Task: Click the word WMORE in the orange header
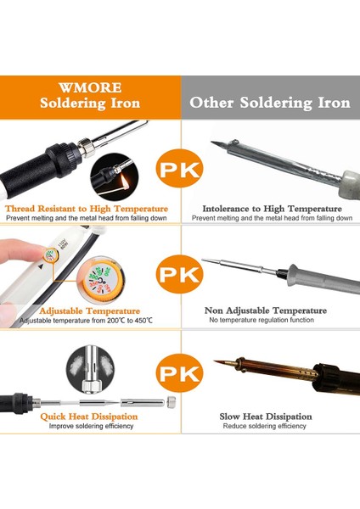tap(89, 87)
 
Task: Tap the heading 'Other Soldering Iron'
tap(269, 103)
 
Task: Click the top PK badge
tap(180, 170)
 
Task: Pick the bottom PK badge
tap(180, 374)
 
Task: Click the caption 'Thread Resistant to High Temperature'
tap(87, 208)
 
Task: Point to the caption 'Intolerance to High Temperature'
tap(272, 208)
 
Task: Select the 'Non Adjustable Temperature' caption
tap(271, 310)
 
